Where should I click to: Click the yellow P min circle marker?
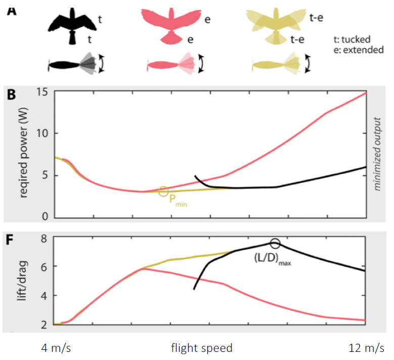pyautogui.click(x=163, y=191)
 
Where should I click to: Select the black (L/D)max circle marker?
pyautogui.click(x=275, y=244)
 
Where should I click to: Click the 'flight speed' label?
pyautogui.click(x=201, y=348)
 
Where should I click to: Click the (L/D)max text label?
pyautogui.click(x=274, y=257)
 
